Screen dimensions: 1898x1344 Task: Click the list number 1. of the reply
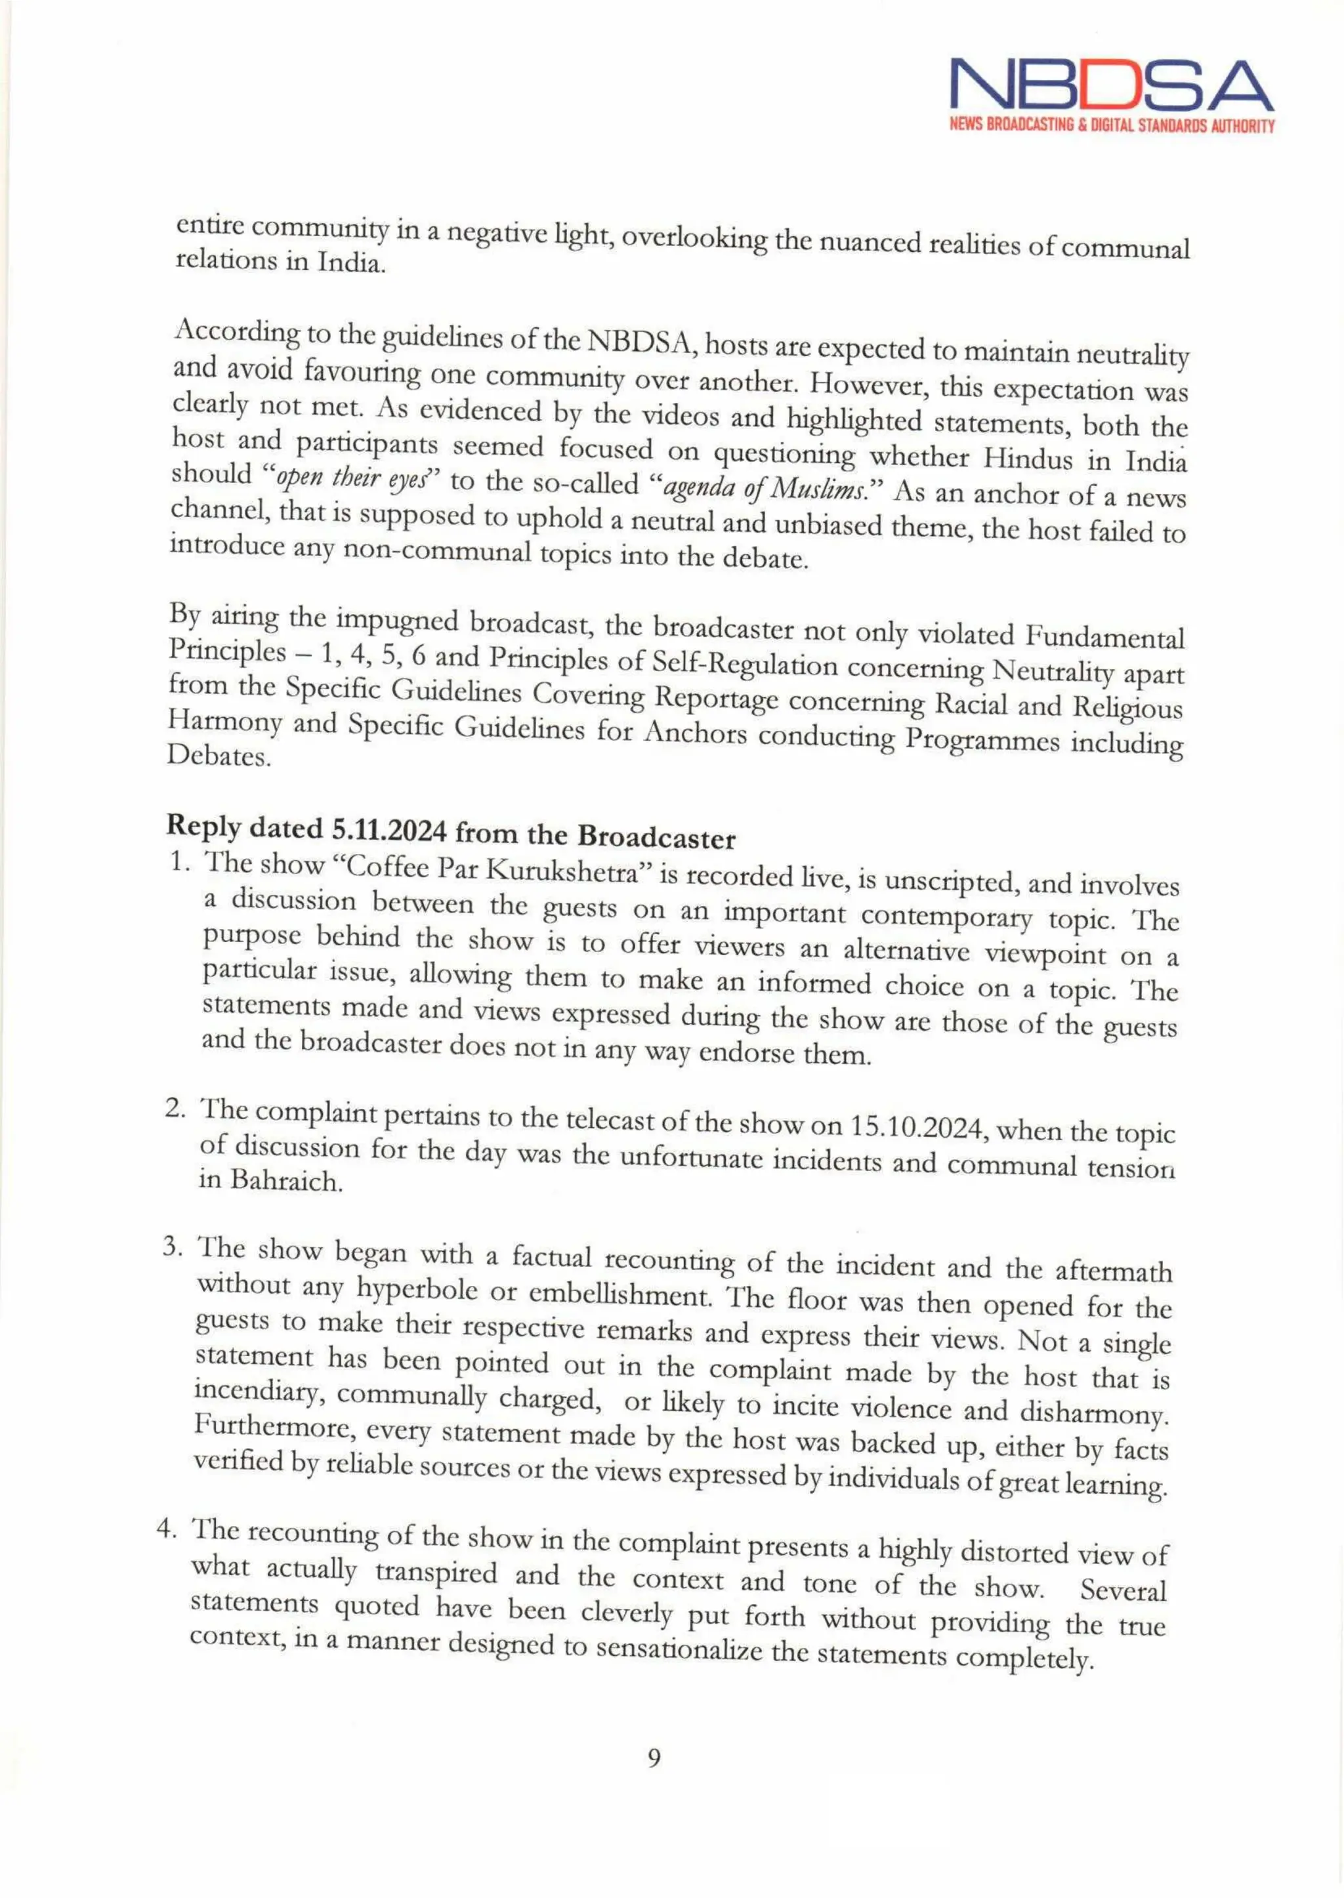pos(182,861)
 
